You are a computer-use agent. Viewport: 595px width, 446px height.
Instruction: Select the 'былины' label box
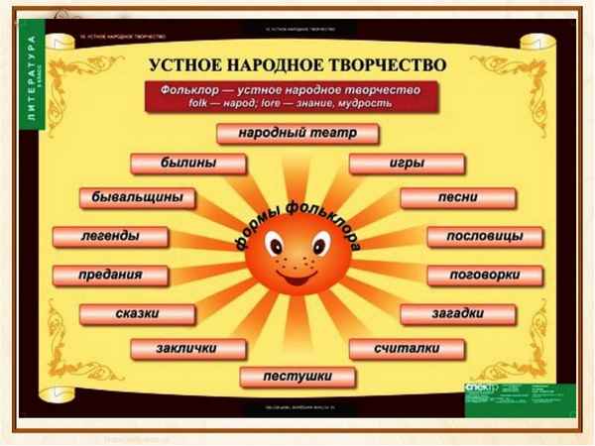pyautogui.click(x=187, y=163)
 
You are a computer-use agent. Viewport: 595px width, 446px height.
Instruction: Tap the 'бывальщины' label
pyautogui.click(x=137, y=197)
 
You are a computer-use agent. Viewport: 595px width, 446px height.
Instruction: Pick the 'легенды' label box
pyautogui.click(x=109, y=237)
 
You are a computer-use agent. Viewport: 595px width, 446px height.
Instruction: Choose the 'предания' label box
pyautogui.click(x=110, y=275)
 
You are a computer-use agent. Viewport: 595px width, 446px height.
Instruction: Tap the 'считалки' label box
pyautogui.click(x=407, y=349)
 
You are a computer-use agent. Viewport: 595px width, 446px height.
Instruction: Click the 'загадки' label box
pyautogui.click(x=456, y=314)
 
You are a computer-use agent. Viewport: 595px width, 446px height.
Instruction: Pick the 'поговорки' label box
pyautogui.click(x=485, y=275)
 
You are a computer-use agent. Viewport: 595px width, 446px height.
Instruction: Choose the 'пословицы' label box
pyautogui.click(x=485, y=237)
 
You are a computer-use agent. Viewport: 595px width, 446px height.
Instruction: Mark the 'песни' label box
pyautogui.click(x=457, y=197)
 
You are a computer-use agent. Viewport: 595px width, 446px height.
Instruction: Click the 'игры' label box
pyautogui.click(x=407, y=163)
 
